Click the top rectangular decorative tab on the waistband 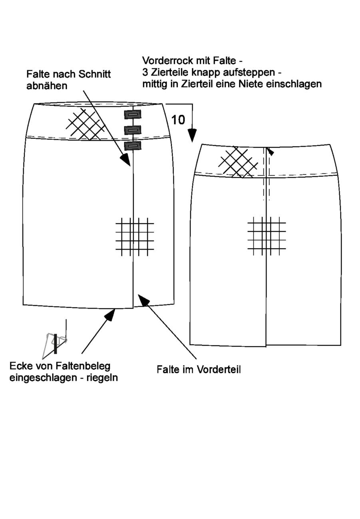132,115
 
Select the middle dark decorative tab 132,130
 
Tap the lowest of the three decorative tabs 132,146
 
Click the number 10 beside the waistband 178,120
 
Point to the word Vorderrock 168,61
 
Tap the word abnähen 47,86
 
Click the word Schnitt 95,74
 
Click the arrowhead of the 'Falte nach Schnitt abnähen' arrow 126,160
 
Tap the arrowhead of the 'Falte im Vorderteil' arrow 143,300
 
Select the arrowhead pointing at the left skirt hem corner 110,315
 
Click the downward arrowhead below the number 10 192,135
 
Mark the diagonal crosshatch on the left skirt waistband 85,124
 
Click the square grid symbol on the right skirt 267,236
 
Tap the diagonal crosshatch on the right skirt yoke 238,162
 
